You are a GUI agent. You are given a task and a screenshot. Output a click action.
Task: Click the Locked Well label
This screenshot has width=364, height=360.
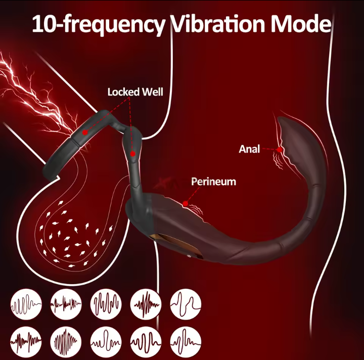135,92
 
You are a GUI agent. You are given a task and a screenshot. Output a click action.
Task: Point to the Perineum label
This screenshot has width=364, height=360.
213,182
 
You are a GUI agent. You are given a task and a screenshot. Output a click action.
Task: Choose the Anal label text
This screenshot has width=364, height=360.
249,149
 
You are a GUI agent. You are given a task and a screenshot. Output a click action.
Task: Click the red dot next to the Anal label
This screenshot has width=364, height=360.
280,149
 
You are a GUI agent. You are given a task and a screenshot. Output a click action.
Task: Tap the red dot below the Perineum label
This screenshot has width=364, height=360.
186,204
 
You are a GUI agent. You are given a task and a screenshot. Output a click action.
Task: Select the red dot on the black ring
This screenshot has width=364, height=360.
85,132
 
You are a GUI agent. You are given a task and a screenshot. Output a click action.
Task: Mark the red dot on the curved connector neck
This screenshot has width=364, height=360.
132,153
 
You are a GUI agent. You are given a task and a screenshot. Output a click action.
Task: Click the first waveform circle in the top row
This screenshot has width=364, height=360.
26,304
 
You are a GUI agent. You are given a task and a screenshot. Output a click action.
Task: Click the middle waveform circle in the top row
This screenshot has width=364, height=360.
106,304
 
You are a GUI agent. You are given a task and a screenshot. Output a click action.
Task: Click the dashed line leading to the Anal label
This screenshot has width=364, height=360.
270,149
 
